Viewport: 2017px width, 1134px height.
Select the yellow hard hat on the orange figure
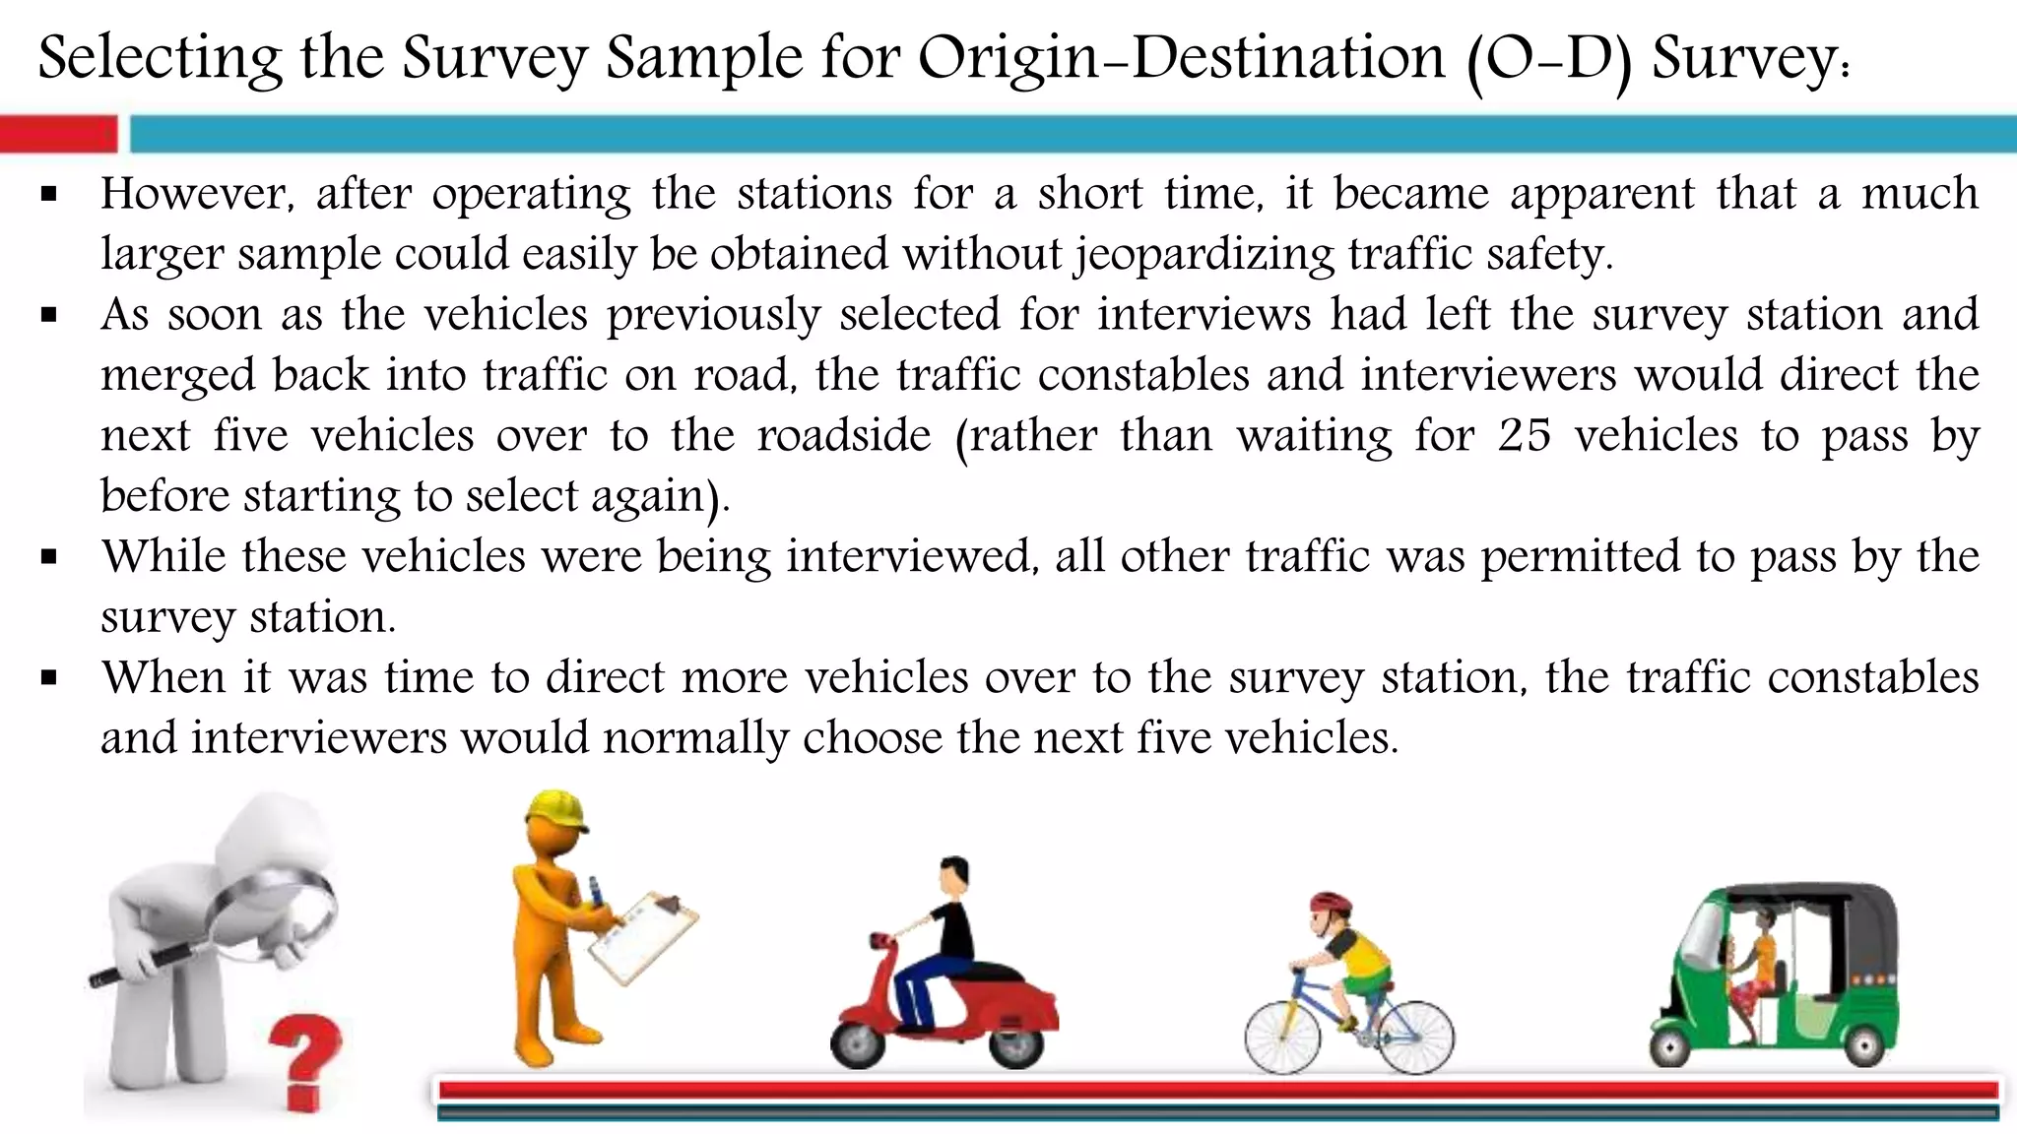(554, 811)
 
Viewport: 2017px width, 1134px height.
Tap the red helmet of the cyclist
(1330, 902)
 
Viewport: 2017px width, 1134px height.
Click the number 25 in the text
(1524, 435)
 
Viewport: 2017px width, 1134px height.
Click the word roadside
(843, 435)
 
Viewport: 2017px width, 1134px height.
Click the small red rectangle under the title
(58, 134)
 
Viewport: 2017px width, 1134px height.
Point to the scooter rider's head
(953, 872)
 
